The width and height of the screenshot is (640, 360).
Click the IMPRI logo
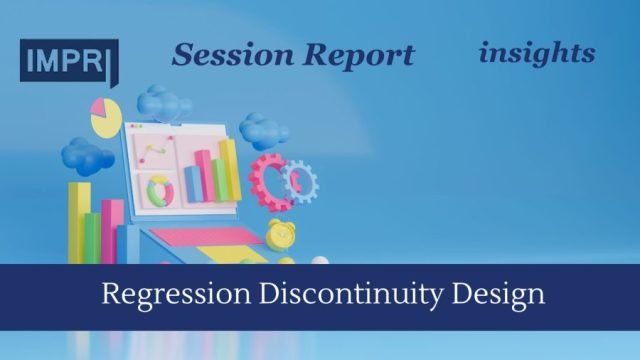69,59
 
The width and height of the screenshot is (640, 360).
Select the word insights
536,51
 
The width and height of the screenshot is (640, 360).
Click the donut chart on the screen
160,189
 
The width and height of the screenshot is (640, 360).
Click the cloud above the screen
165,101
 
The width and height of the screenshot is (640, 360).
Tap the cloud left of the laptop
86,154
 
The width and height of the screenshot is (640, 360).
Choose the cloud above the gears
263,130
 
